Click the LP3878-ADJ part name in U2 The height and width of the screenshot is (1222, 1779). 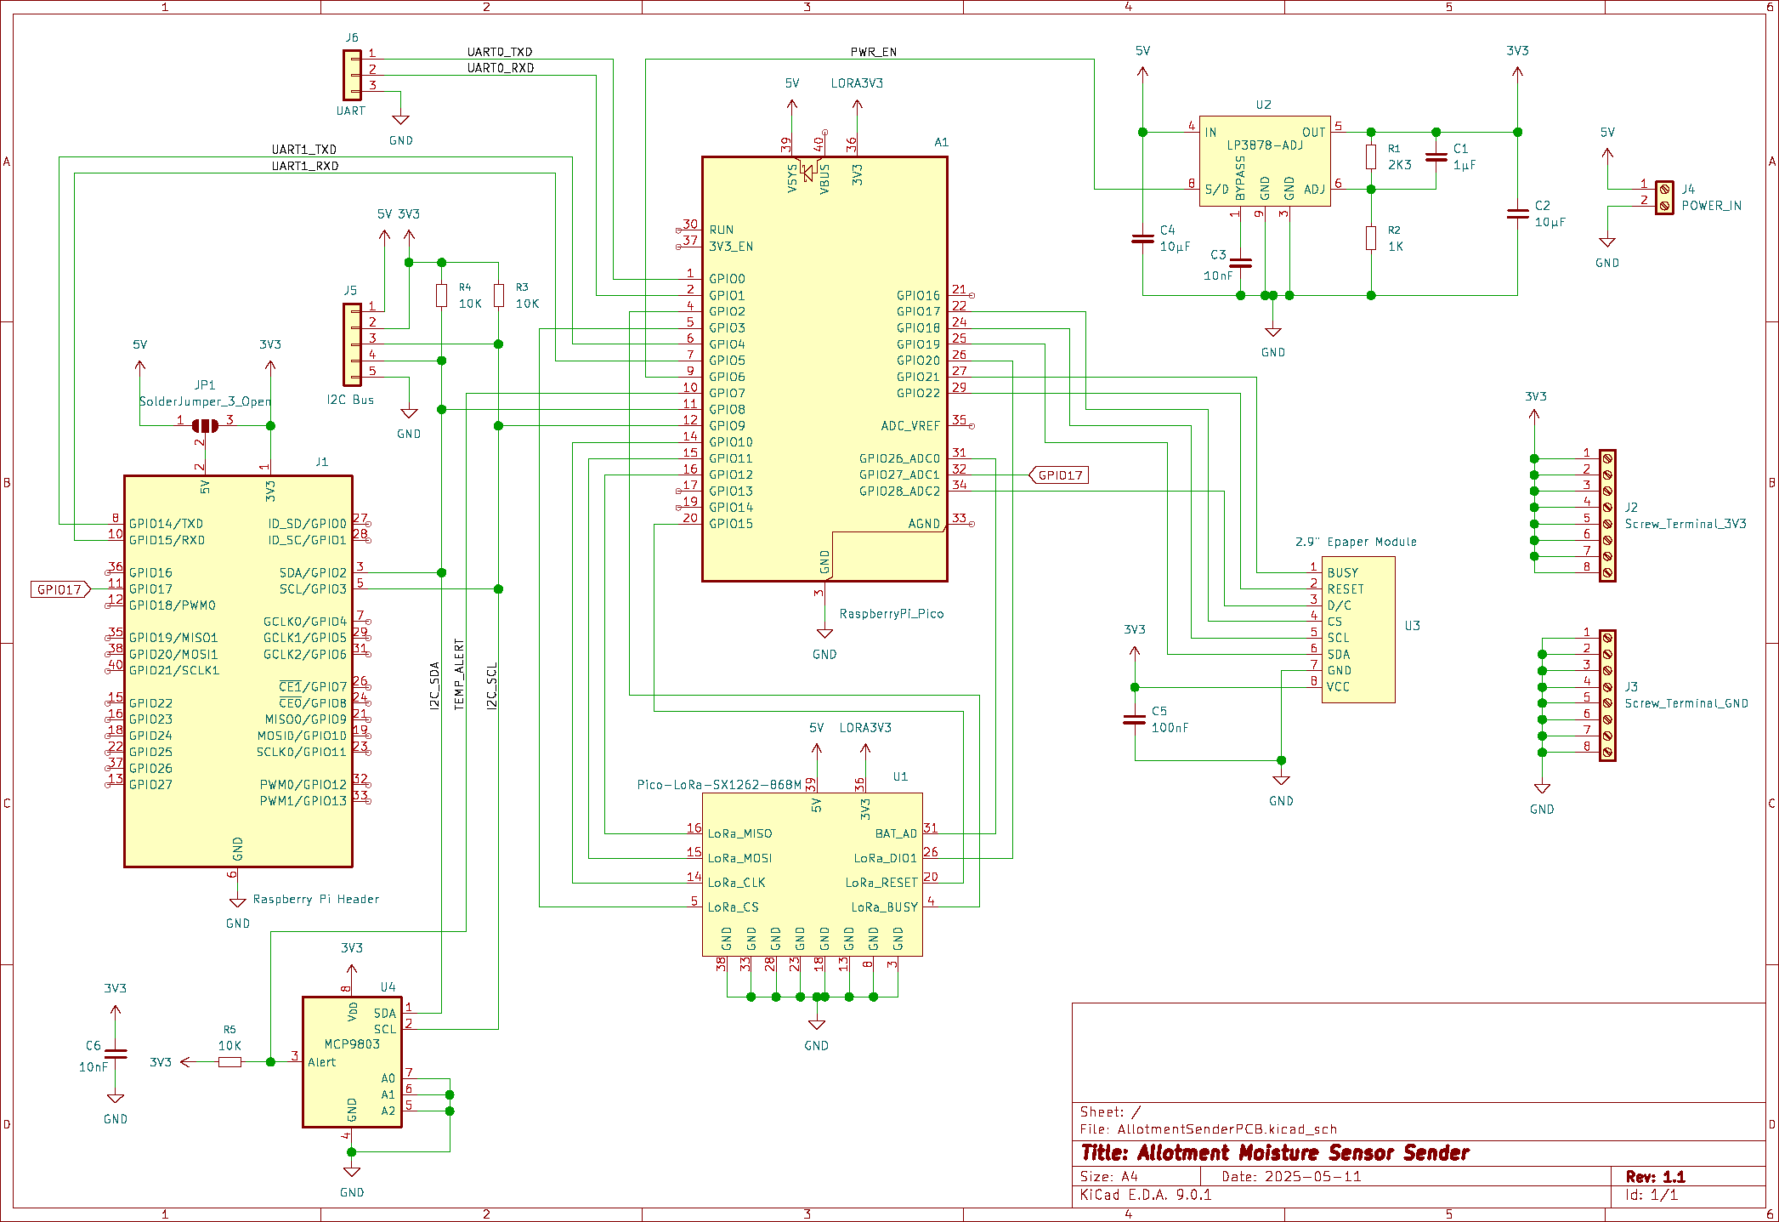coord(1264,145)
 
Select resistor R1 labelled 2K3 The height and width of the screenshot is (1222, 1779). coord(1371,157)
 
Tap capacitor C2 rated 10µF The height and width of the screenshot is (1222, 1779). coord(1517,214)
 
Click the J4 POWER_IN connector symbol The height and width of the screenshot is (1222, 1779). coord(1664,197)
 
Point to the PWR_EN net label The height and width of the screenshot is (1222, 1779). coord(873,52)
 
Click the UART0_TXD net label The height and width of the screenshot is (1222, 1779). coord(500,52)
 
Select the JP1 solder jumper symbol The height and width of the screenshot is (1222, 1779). coord(205,425)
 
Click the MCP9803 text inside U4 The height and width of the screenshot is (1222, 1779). coord(352,1044)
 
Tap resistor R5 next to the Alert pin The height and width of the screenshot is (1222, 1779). coord(229,1062)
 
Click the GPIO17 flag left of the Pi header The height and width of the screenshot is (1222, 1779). coord(59,589)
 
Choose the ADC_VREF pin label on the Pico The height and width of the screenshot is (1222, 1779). coord(909,426)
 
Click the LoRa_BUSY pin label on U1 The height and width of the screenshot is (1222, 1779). coord(884,907)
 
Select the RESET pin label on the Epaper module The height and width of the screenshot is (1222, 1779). coord(1345,589)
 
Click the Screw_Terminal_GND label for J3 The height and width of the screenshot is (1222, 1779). coord(1686,704)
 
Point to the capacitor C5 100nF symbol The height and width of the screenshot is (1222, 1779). coord(1134,719)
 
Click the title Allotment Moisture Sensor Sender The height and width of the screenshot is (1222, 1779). coord(1274,1153)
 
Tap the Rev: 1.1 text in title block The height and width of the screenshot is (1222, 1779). coord(1655,1177)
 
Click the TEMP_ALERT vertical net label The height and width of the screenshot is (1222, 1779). coord(459,675)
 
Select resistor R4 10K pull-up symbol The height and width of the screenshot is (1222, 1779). coord(441,295)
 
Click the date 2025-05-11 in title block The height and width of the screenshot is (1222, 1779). coord(1312,1177)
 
